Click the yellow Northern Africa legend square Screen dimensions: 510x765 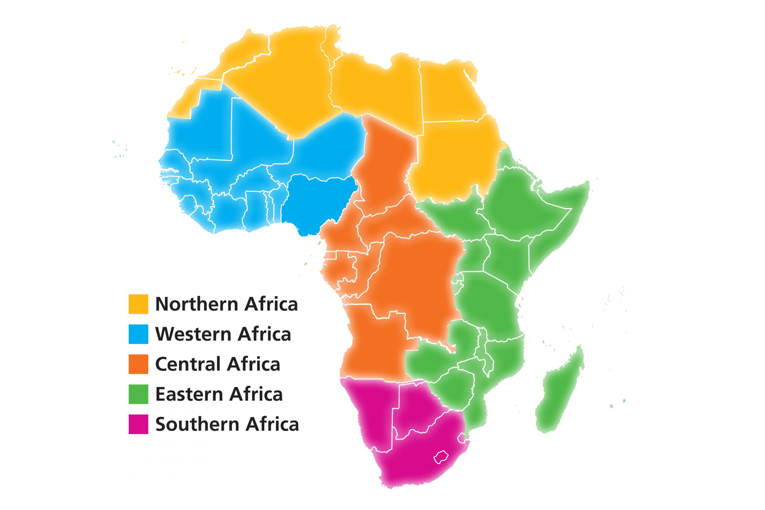[x=138, y=304]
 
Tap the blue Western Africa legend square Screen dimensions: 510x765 [x=138, y=334]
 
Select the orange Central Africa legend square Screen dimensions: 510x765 [x=138, y=364]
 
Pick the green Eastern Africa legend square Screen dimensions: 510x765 [x=138, y=394]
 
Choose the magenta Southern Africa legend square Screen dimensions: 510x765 [x=138, y=424]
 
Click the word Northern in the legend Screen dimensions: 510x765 [x=196, y=304]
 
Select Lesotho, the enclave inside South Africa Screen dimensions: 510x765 [x=441, y=457]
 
